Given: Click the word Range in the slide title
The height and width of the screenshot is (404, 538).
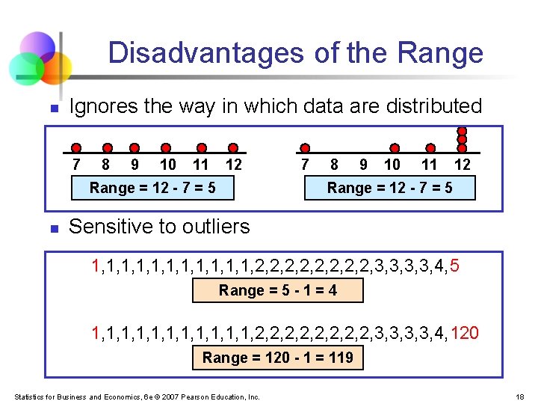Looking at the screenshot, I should coord(441,53).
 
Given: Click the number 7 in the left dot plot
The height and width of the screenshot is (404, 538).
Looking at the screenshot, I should coord(75,165).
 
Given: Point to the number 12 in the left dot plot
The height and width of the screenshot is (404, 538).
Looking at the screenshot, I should coord(233,165).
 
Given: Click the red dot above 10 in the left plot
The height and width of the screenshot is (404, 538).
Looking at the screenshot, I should coord(166,148).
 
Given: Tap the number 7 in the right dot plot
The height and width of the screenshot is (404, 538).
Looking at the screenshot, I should coord(304,165).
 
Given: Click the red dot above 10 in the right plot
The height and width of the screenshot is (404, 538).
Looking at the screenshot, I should coord(395,148).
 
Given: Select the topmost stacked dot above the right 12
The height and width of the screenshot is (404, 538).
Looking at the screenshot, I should coord(462,129).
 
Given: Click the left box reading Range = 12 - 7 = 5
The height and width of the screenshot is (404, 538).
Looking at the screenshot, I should coord(152,188).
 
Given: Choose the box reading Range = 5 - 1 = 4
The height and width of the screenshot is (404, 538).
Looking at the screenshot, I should coord(278,290).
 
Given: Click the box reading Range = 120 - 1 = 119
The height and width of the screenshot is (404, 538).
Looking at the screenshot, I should coord(278,358).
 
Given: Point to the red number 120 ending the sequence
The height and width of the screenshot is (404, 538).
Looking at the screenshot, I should coord(466,332).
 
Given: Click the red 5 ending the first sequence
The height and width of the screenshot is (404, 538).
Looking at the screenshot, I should coord(455,265).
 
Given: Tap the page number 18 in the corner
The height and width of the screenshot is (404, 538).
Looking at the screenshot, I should coord(521,397).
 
